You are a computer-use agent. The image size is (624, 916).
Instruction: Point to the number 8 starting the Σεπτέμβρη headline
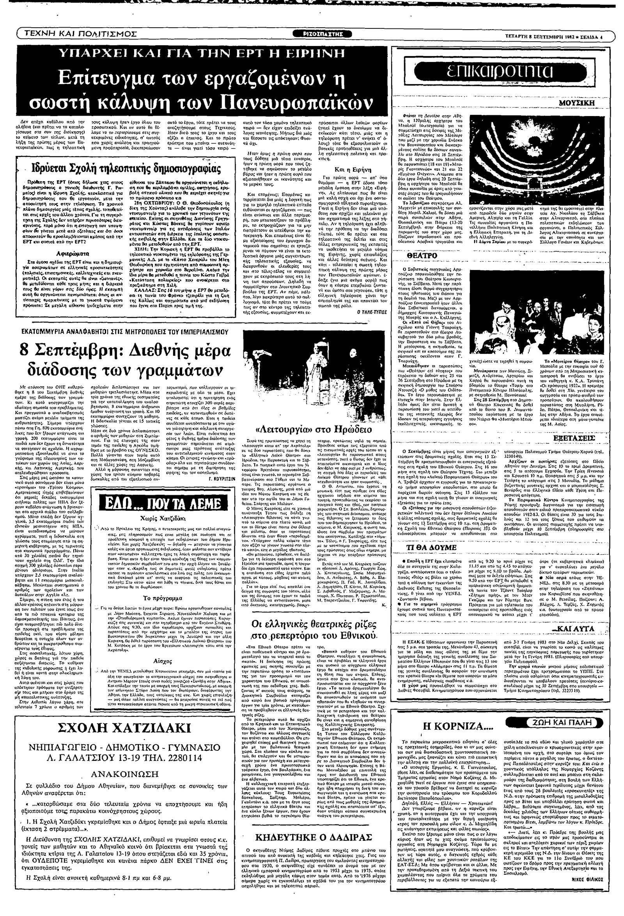(x=26, y=350)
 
